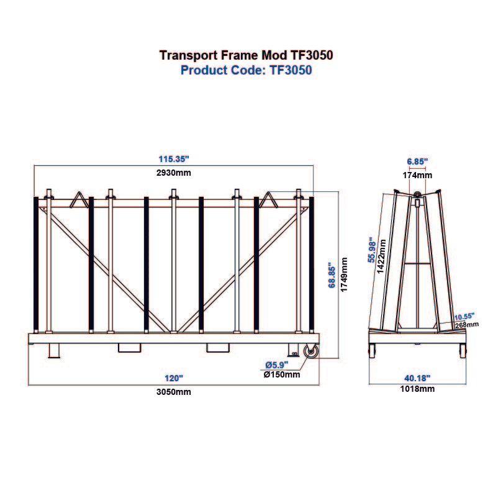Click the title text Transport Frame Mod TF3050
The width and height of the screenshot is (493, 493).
tap(246, 55)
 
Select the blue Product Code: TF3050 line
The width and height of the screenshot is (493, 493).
tap(246, 70)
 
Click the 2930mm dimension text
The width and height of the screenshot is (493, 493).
tap(173, 172)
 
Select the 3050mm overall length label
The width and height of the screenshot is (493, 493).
tap(174, 391)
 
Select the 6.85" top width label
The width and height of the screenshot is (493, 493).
tap(417, 161)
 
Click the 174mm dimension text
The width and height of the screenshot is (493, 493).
tap(417, 174)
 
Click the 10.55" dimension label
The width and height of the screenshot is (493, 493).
tap(464, 315)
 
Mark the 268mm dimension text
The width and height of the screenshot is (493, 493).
tap(466, 324)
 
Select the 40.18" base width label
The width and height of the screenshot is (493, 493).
tap(417, 378)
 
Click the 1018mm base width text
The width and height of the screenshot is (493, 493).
tap(417, 389)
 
